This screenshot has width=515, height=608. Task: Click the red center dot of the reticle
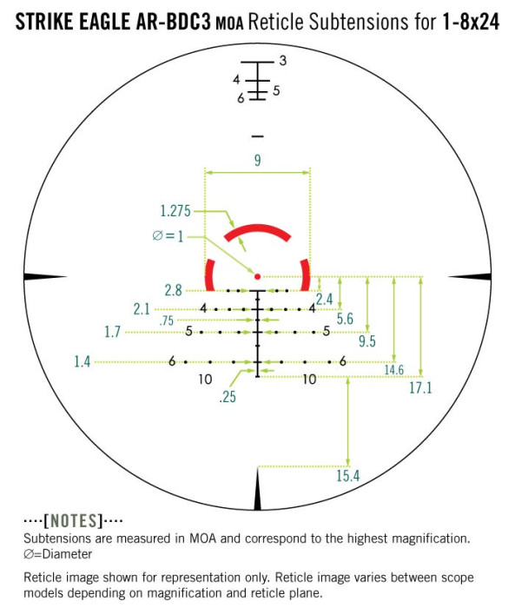click(257, 276)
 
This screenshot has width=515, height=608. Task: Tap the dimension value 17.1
click(419, 388)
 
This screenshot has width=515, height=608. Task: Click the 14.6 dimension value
click(393, 370)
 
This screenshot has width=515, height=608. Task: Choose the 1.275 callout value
click(176, 211)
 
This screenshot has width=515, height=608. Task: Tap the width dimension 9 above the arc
click(257, 160)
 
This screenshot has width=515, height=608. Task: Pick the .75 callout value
click(167, 320)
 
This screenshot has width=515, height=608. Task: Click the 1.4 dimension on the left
click(83, 361)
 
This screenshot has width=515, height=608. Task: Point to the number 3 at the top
click(282, 61)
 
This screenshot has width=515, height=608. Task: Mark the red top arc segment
click(257, 230)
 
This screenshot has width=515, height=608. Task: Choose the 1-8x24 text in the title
click(469, 22)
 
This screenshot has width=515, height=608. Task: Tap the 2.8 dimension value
click(172, 290)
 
